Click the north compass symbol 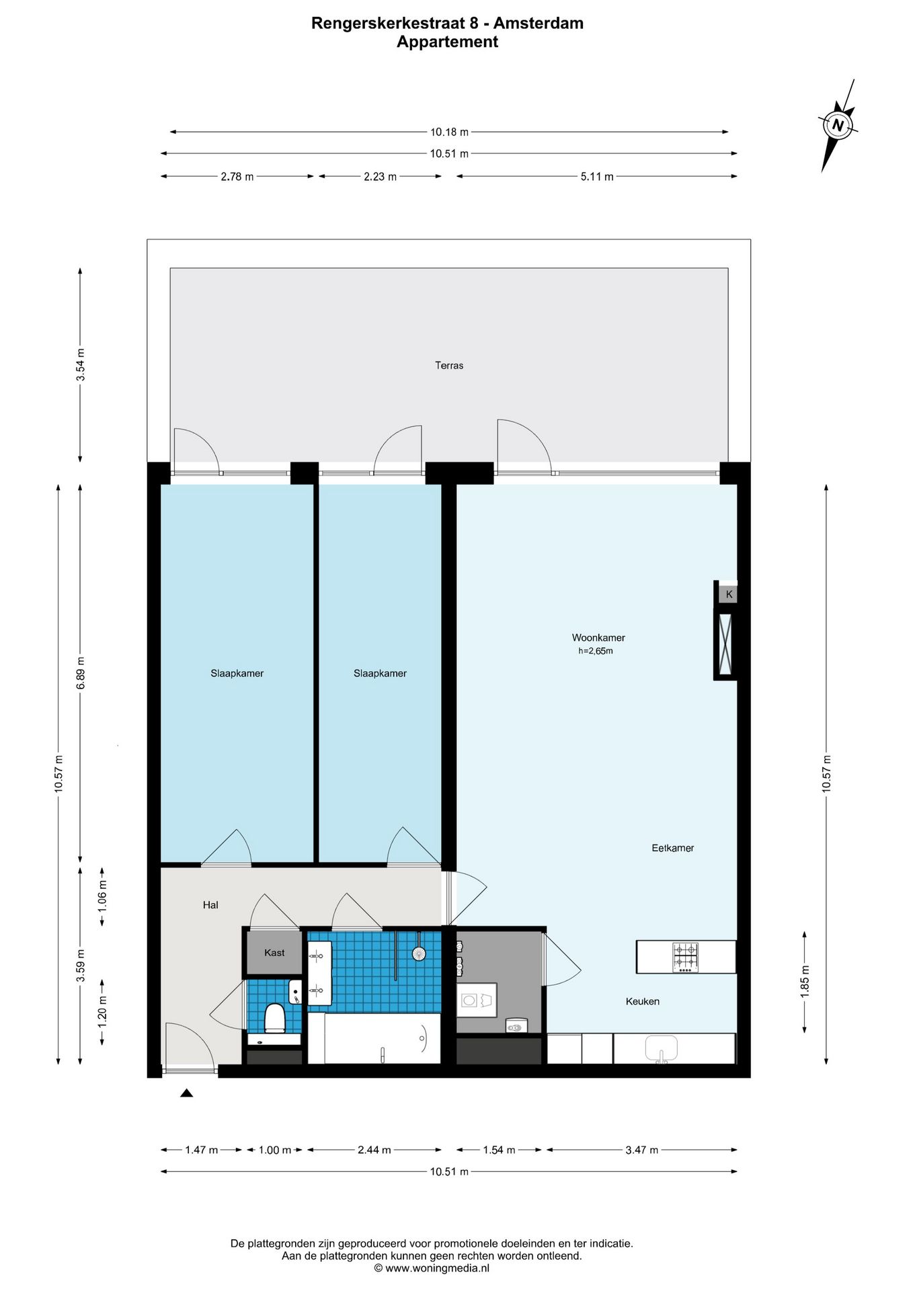tap(838, 125)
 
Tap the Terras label tap(449, 366)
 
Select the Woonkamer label tap(598, 637)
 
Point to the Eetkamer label tap(672, 848)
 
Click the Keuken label tap(642, 1001)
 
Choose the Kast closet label tap(274, 952)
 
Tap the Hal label tap(210, 905)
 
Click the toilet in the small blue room tap(274, 1017)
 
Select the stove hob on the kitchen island tap(685, 957)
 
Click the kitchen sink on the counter tap(662, 1049)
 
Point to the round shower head tap(419, 953)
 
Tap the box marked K tap(729, 594)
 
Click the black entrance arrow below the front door tap(187, 1093)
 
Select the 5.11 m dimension tap(597, 177)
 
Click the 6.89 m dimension tap(81, 672)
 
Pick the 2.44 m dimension tap(374, 1150)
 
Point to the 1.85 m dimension tap(805, 982)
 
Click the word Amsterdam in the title tap(539, 24)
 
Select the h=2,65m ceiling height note tap(596, 651)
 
